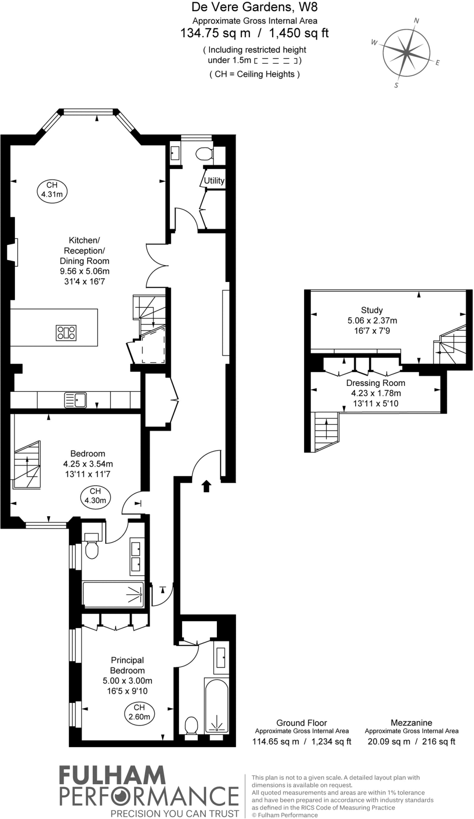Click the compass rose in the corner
406,52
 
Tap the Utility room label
214,180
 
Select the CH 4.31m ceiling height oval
52,190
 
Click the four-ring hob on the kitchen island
66,332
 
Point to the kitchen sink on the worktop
76,400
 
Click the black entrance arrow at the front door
206,486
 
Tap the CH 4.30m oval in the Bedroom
95,496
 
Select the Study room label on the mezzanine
372,310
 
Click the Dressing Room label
376,383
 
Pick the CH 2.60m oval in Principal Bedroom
139,712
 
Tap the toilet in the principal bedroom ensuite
192,725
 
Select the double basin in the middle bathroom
136,556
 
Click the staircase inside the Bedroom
27,465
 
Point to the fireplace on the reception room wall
12,252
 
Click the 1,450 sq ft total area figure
299,33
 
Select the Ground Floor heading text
302,723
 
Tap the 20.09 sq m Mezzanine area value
389,741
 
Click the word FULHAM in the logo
112,776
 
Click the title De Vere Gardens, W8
255,7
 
